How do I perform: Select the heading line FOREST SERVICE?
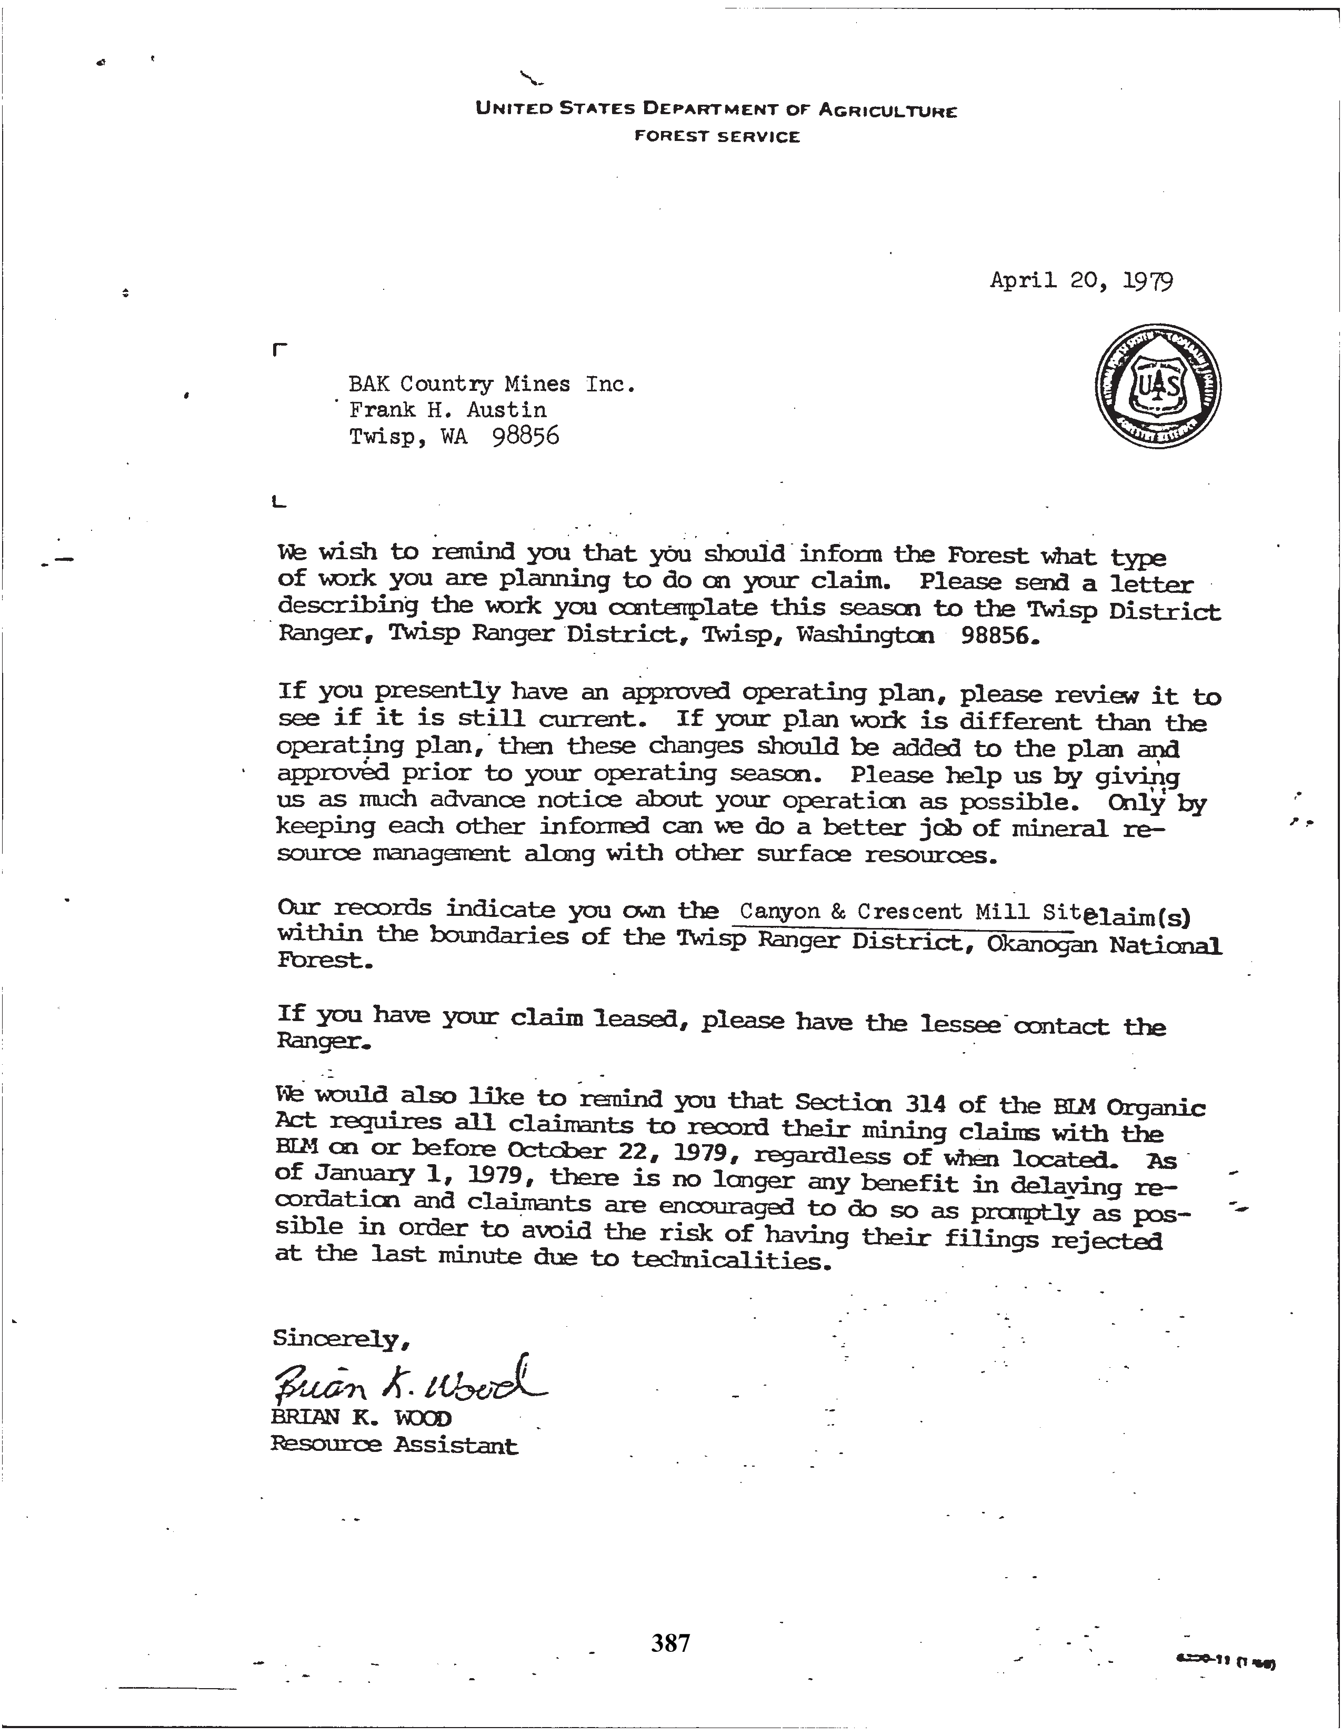click(x=716, y=137)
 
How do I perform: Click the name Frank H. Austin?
click(x=448, y=410)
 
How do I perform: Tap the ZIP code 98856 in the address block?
click(x=526, y=437)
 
